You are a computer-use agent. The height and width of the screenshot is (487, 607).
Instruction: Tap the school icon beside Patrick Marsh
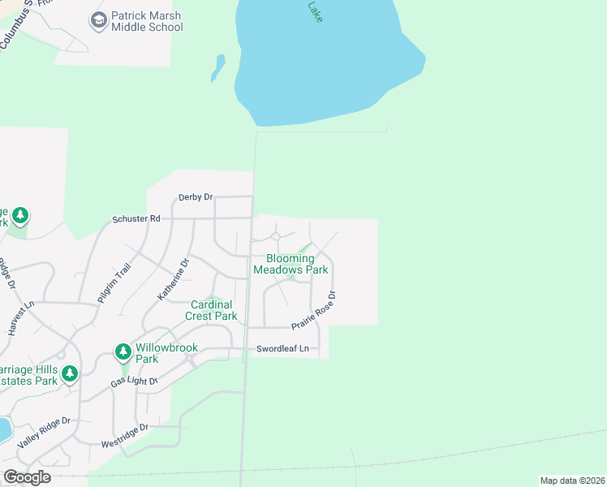[x=99, y=20]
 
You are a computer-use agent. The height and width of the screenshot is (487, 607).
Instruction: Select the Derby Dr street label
[x=196, y=197]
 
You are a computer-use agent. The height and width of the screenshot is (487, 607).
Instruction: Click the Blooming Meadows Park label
[x=291, y=264]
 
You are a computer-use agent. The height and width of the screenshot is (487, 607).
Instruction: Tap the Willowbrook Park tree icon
[x=123, y=351]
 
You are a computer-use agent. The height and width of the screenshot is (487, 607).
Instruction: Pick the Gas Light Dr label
[x=134, y=380]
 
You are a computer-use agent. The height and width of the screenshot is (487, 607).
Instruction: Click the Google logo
[x=27, y=477]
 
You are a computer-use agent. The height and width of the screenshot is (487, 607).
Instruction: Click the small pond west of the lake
[x=217, y=67]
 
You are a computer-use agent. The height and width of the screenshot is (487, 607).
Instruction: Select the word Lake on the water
[x=315, y=11]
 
